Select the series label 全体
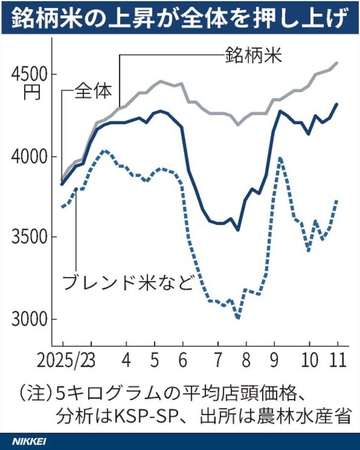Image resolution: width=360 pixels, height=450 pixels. (x=93, y=91)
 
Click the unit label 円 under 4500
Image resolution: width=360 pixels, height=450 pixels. (x=31, y=92)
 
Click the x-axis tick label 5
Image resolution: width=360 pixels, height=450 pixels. (x=154, y=361)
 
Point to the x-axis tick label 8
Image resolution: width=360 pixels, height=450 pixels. (x=246, y=361)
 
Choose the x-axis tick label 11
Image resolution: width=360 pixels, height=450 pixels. (x=337, y=361)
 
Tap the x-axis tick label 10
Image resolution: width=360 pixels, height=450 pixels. (x=309, y=361)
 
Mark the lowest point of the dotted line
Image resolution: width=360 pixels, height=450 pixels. (x=238, y=318)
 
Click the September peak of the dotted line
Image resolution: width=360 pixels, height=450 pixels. (x=280, y=159)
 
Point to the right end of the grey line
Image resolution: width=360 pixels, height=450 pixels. (x=337, y=63)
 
